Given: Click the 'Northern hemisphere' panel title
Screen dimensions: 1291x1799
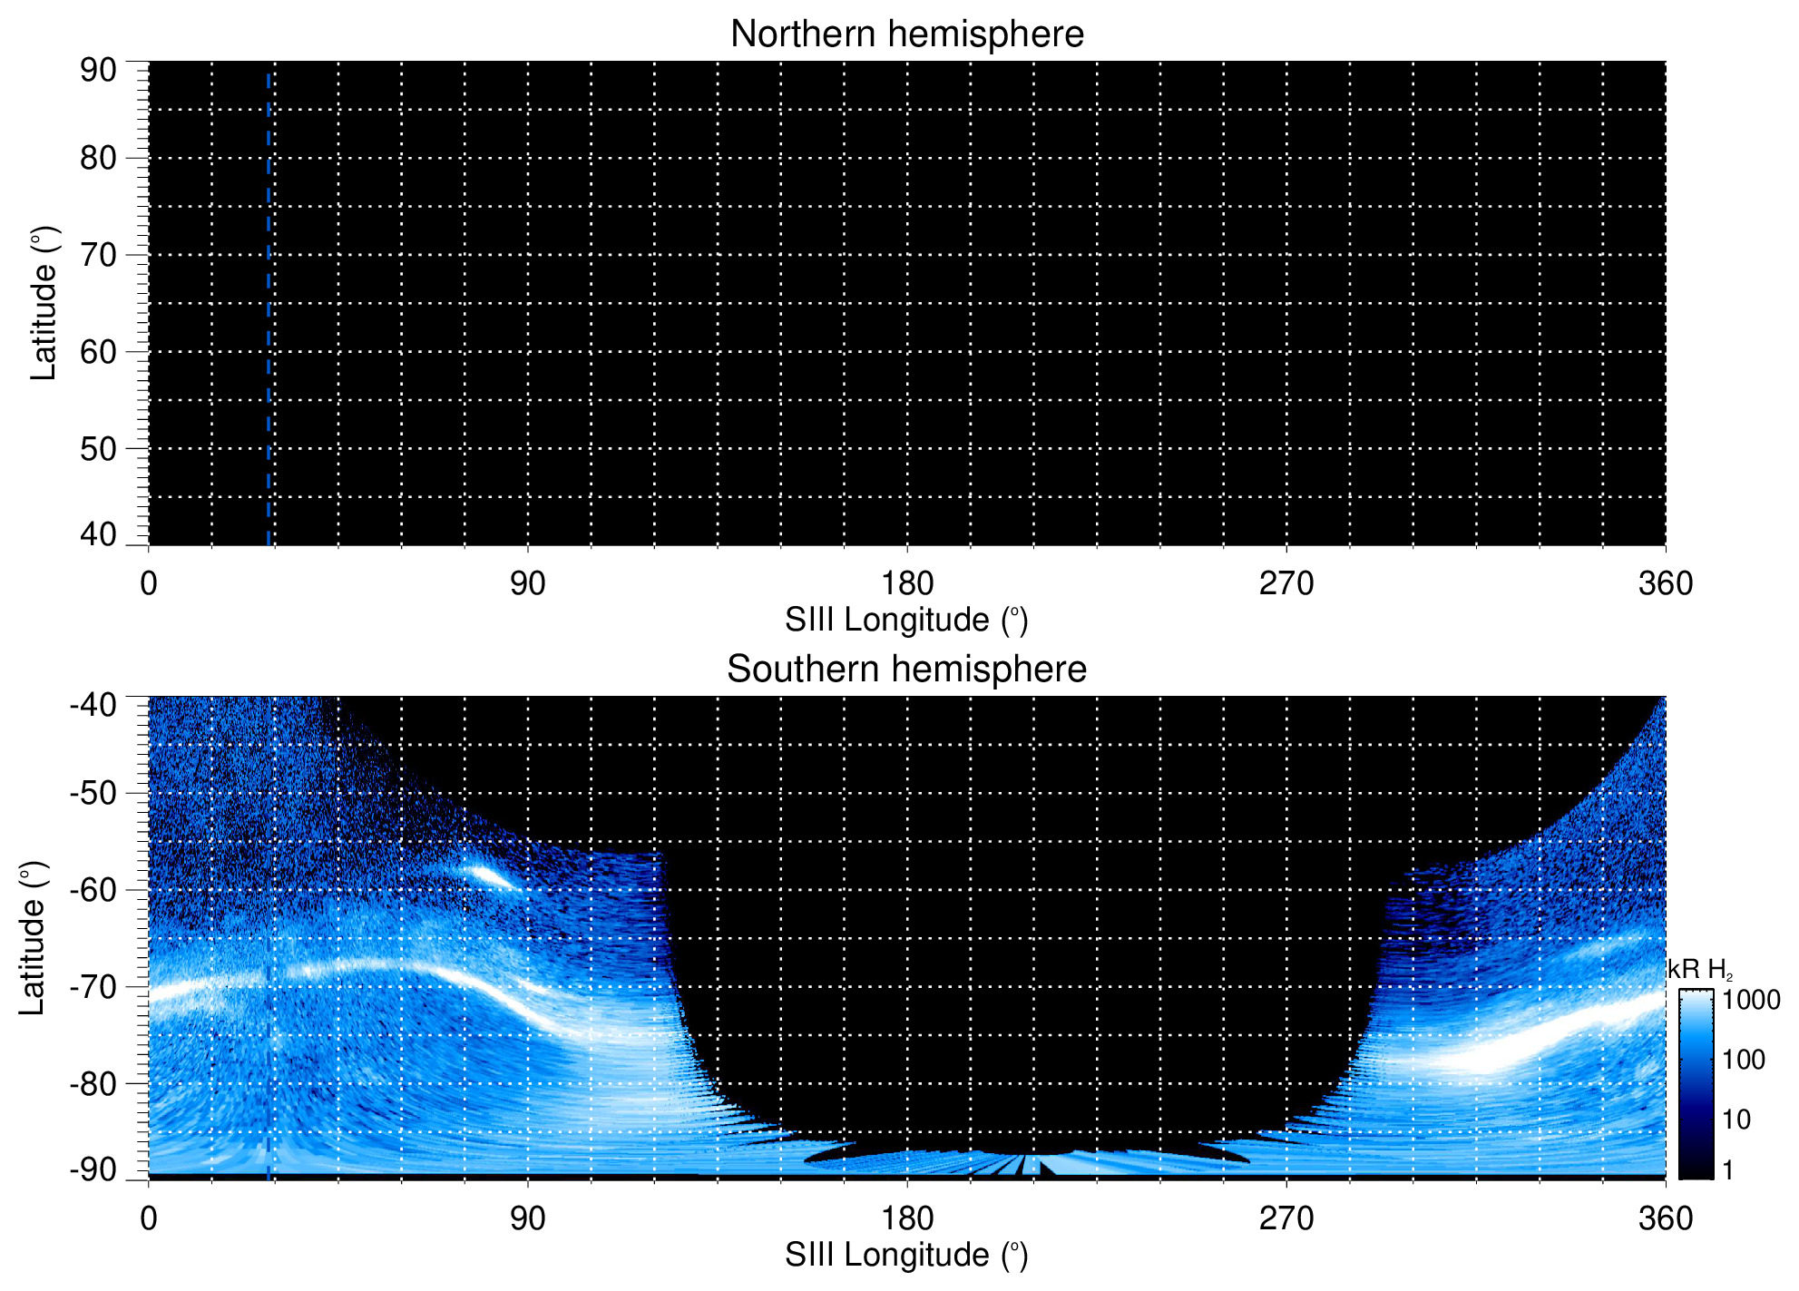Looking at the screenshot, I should point(906,34).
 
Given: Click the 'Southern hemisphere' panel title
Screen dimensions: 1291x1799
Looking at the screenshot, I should point(906,670).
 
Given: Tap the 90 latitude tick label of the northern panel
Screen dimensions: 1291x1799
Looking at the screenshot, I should point(98,70).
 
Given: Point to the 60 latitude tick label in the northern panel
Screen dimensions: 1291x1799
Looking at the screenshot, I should point(98,352).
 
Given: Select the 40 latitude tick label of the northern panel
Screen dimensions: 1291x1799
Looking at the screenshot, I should point(98,534).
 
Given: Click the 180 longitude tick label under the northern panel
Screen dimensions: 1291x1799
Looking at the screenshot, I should point(906,583).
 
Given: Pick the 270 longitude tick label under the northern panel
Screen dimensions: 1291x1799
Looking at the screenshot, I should point(1286,583).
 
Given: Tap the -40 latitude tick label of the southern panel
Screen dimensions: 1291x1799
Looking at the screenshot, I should point(93,705).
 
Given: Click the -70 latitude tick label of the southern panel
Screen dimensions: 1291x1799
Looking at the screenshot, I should point(93,987).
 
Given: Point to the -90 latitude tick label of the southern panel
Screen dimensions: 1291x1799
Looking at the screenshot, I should point(93,1169).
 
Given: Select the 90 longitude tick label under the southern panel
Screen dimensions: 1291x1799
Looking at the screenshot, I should point(527,1218).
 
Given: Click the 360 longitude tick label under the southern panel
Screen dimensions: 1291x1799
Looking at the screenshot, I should point(1665,1218).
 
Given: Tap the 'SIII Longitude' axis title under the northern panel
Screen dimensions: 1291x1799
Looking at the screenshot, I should point(906,621).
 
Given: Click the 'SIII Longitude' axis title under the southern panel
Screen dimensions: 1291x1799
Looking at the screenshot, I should point(906,1256).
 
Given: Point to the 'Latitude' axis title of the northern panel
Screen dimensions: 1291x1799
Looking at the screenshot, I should point(44,303).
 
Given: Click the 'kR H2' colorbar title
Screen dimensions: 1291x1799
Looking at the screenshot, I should point(1699,970).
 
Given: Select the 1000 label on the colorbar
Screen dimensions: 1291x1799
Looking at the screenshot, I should point(1751,1001).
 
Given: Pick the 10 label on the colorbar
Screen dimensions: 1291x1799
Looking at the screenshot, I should point(1736,1120).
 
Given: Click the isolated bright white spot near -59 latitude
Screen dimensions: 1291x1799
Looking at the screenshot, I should point(487,875).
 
